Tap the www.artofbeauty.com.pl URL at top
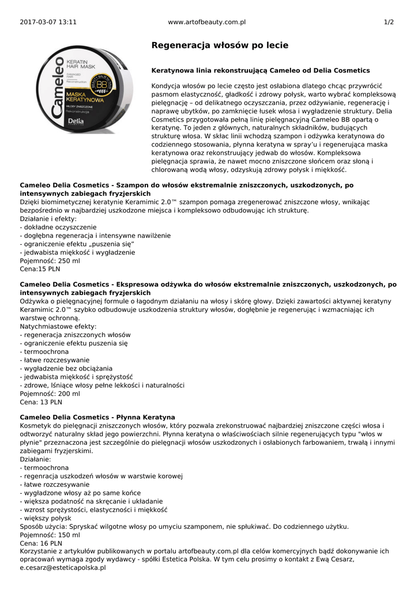pyautogui.click(x=206, y=22)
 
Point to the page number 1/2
pyautogui.click(x=389, y=22)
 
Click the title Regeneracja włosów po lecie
pyautogui.click(x=220, y=45)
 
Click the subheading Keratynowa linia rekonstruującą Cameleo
pyautogui.click(x=260, y=70)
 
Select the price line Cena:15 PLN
pyautogui.click(x=40, y=269)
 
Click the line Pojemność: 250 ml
pyautogui.click(x=50, y=260)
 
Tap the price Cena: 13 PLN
pyautogui.click(x=41, y=402)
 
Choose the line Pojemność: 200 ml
pyautogui.click(x=50, y=394)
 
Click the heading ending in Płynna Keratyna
pyautogui.click(x=97, y=417)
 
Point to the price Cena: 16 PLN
pyautogui.click(x=41, y=543)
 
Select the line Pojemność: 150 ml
pyautogui.click(x=50, y=535)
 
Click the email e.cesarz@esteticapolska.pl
pyautogui.click(x=63, y=568)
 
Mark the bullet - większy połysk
pyautogui.click(x=47, y=518)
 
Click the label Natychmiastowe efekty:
pyautogui.click(x=58, y=326)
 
